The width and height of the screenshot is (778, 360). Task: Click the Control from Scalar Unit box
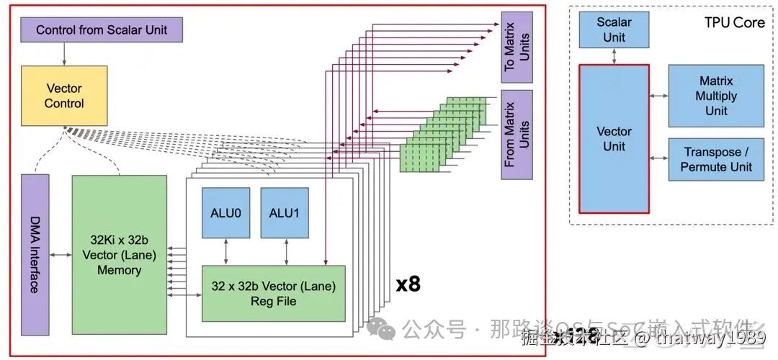pos(101,30)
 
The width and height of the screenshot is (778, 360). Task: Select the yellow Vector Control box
pos(64,96)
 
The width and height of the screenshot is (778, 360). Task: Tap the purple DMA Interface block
pos(35,254)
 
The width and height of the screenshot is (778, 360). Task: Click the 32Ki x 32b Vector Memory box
pos(119,254)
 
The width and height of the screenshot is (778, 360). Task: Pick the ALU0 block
pos(225,212)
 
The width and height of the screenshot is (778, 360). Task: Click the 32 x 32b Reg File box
pos(273,293)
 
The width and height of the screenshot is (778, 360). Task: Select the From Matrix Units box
pos(517,133)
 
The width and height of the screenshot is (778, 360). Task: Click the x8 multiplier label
pos(408,284)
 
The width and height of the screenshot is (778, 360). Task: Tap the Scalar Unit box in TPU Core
pos(614,30)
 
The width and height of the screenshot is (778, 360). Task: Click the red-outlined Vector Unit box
pos(614,139)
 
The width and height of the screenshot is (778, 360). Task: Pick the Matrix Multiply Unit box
pos(716,96)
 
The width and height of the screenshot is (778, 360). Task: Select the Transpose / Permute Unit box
pos(716,159)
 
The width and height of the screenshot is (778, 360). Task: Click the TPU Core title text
pos(734,22)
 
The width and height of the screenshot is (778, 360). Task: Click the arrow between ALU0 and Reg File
pos(226,251)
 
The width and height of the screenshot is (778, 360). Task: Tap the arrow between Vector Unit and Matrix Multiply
pos(658,96)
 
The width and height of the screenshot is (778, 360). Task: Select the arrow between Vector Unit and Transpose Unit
pos(658,158)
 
